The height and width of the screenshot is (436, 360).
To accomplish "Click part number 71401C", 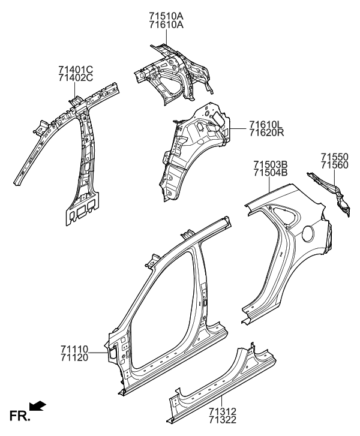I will (76, 69).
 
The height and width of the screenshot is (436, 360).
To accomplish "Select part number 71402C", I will (76, 77).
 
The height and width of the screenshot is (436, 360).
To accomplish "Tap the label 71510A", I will (166, 16).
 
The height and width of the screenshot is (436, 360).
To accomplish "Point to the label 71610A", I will (166, 25).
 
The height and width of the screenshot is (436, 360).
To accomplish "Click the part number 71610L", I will (266, 125).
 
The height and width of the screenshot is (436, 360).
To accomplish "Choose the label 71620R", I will (266, 133).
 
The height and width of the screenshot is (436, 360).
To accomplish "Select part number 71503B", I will (271, 164).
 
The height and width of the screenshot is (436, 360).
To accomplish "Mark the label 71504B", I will (271, 173).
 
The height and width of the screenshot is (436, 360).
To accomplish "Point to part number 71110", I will (74, 348).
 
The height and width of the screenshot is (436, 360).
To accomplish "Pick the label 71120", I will (74, 357).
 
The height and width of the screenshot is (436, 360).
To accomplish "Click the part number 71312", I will (222, 411).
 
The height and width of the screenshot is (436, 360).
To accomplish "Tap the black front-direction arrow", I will (38, 408).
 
